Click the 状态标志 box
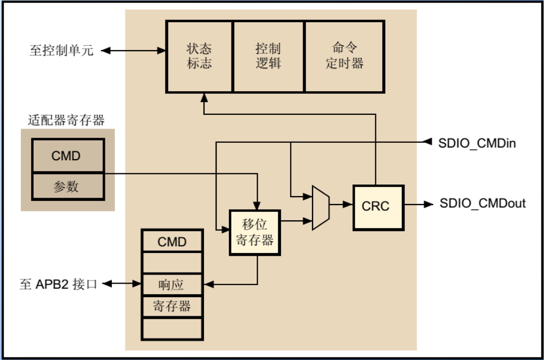tap(199, 56)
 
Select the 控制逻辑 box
tap(268, 56)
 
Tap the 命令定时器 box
tap(344, 56)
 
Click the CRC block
tap(378, 207)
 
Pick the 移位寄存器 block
tap(255, 232)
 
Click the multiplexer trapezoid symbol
tap(320, 207)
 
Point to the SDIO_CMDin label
tap(477, 143)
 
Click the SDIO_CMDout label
tap(482, 203)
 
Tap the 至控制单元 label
tap(61, 51)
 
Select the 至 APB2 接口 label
tap(59, 285)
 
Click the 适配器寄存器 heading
tap(66, 121)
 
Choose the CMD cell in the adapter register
tap(67, 156)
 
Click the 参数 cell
tap(67, 186)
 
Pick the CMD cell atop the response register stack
tap(172, 241)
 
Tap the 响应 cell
tap(172, 285)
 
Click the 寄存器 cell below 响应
tap(172, 306)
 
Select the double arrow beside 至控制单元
tap(133, 51)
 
